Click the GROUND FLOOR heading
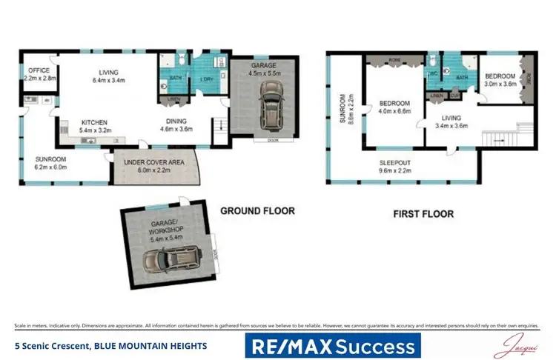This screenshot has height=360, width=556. [x=257, y=211]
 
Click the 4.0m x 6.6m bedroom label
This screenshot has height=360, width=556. [x=394, y=107]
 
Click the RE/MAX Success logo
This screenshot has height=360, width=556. [x=333, y=345]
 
